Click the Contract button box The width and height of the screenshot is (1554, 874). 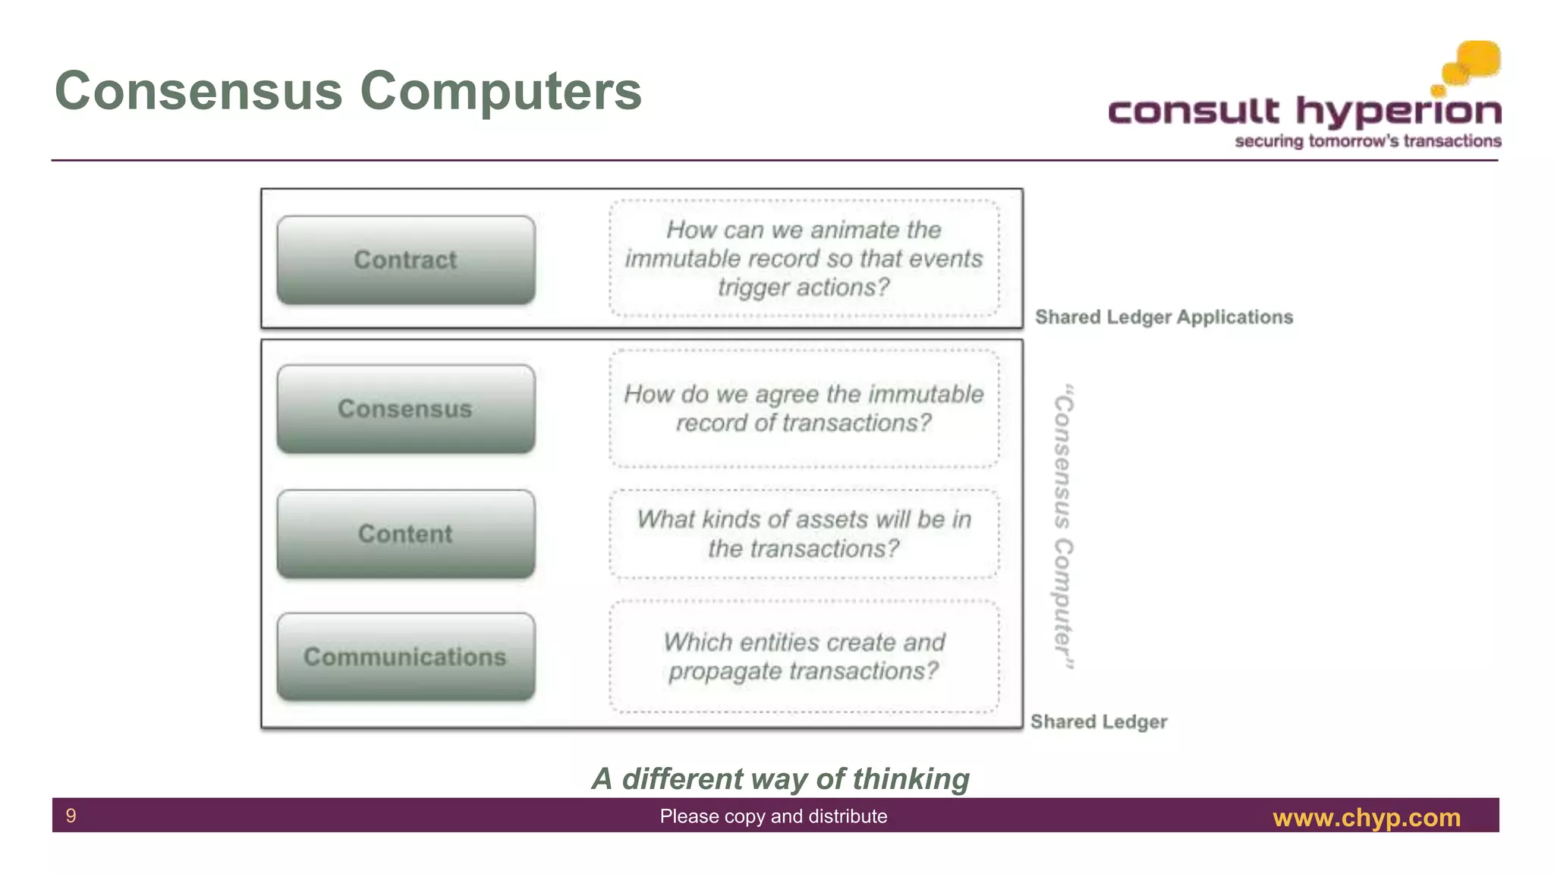pos(406,260)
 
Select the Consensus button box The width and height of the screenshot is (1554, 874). pos(406,410)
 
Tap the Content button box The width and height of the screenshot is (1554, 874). pos(406,534)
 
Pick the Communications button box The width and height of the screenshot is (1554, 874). pos(406,657)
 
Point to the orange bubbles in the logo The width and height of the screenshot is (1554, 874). pos(1472,64)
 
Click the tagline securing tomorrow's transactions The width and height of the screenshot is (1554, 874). pos(1367,141)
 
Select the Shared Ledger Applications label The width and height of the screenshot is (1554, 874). pos(1163,317)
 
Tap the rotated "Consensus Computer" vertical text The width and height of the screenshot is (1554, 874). pos(1064,527)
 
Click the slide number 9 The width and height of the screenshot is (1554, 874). pos(71,816)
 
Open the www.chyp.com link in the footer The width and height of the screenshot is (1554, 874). pos(1366,817)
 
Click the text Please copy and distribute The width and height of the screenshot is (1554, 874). pos(773,816)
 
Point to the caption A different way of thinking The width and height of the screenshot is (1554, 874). pos(780,779)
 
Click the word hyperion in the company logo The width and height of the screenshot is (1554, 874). pos(1398,112)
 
